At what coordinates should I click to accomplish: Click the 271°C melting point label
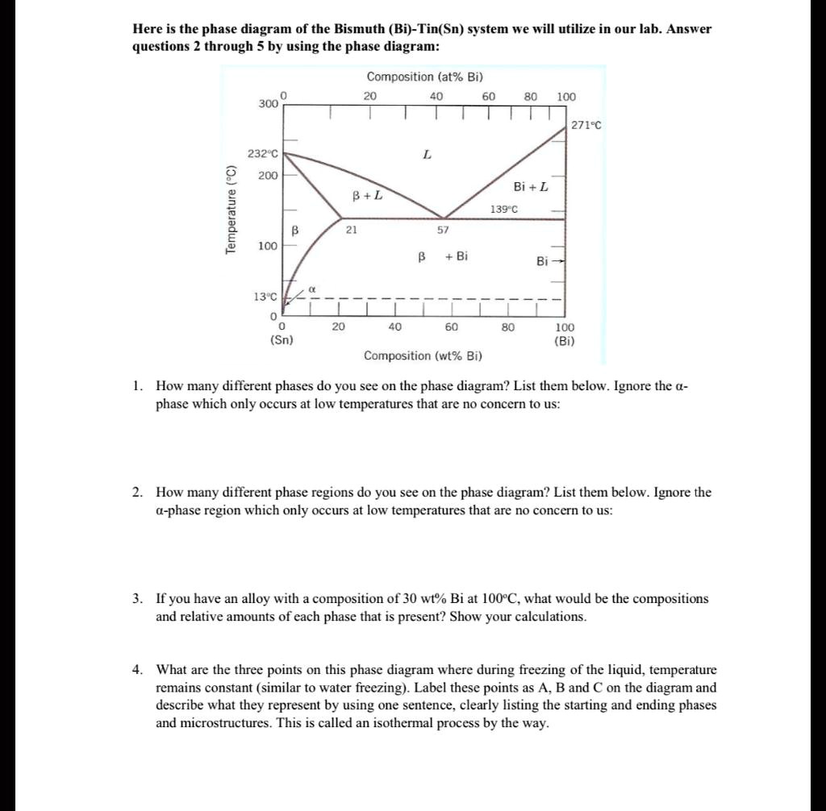[x=586, y=125]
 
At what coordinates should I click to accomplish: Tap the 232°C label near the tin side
[x=262, y=154]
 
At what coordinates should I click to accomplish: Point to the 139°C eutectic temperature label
[x=503, y=209]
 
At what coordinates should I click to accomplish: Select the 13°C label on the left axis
[x=265, y=297]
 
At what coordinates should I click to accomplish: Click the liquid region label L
[x=428, y=154]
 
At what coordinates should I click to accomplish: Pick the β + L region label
[x=367, y=195]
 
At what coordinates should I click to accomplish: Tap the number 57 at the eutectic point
[x=443, y=230]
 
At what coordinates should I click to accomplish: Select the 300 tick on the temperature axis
[x=268, y=104]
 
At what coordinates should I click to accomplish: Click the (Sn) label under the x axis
[x=282, y=340]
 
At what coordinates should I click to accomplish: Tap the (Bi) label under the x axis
[x=565, y=340]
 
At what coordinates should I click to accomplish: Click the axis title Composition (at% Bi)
[x=424, y=77]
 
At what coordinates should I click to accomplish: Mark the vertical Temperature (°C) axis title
[x=232, y=210]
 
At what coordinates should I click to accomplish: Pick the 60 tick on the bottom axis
[x=451, y=327]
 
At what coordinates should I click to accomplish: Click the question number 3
[x=138, y=599]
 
